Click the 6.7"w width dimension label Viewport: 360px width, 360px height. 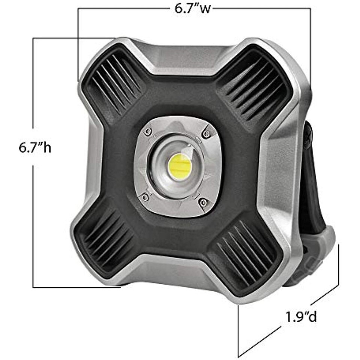(192, 9)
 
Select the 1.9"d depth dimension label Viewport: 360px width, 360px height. (301, 316)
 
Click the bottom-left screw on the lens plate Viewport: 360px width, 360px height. (145, 197)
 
